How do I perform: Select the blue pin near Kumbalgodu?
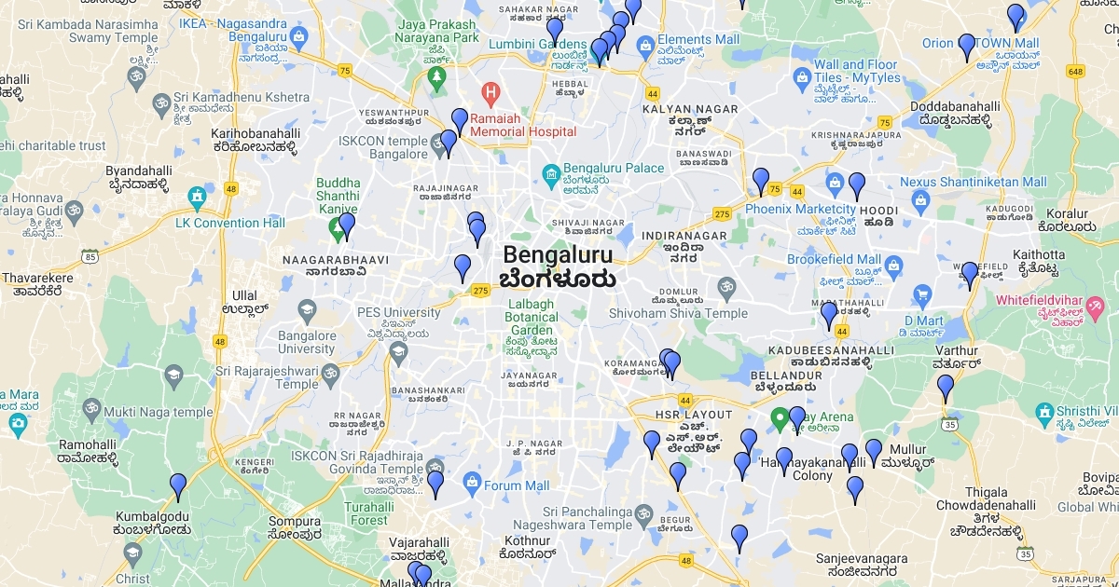click(178, 486)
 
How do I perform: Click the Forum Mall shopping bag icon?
click(471, 485)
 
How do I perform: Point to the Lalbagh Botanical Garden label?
click(532, 318)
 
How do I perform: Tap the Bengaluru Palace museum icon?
click(550, 173)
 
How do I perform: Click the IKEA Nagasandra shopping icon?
click(298, 38)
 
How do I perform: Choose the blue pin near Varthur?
click(946, 387)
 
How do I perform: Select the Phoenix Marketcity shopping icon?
click(835, 180)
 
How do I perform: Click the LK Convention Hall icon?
click(196, 197)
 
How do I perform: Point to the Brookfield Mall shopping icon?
click(893, 266)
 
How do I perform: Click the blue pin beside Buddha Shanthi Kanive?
click(347, 225)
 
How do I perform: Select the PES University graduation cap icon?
click(307, 309)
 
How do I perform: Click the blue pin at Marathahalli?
click(829, 315)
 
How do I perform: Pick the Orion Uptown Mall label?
click(980, 43)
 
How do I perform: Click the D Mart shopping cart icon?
click(923, 295)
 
